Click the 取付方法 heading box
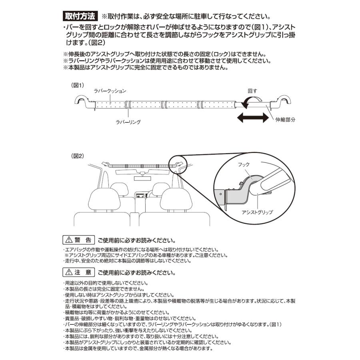pyautogui.click(x=80, y=17)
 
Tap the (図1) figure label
pyautogui.click(x=77, y=85)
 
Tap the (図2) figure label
pyautogui.click(x=77, y=156)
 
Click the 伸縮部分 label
pyautogui.click(x=285, y=120)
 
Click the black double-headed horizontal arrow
pyautogui.click(x=252, y=118)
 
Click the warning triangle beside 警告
pyautogui.click(x=68, y=241)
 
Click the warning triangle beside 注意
pyautogui.click(x=68, y=273)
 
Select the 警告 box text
pyautogui.click(x=83, y=241)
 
